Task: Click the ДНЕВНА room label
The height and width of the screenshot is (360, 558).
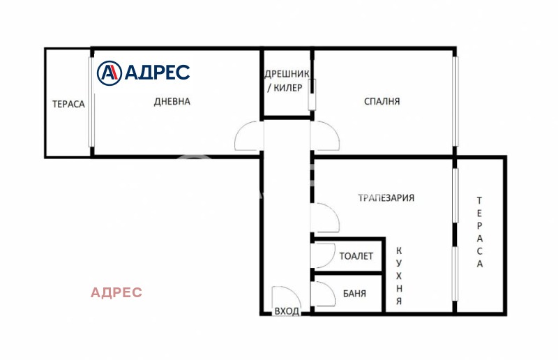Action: click(172, 101)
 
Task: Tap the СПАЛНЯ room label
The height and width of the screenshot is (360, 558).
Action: click(382, 101)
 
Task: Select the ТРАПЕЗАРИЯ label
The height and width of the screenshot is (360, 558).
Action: click(386, 197)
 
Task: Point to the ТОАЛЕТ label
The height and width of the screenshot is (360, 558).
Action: click(356, 256)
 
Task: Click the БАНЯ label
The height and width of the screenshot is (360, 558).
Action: click(354, 294)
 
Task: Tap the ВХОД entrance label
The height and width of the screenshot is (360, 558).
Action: click(287, 311)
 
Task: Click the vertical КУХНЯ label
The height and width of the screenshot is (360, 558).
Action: click(399, 276)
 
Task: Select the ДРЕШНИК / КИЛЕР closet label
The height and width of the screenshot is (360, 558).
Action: click(286, 81)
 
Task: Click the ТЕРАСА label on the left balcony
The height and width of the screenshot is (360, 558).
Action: click(68, 104)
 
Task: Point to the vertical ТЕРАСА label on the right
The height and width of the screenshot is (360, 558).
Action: click(480, 232)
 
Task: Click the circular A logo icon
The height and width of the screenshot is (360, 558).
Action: click(109, 72)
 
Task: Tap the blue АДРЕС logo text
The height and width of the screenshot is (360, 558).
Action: click(157, 72)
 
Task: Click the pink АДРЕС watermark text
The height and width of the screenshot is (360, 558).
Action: click(116, 292)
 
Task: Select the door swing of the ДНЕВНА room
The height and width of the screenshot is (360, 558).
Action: click(249, 137)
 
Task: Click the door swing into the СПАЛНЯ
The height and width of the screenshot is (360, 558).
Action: click(324, 136)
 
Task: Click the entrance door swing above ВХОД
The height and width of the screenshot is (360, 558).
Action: click(285, 297)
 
